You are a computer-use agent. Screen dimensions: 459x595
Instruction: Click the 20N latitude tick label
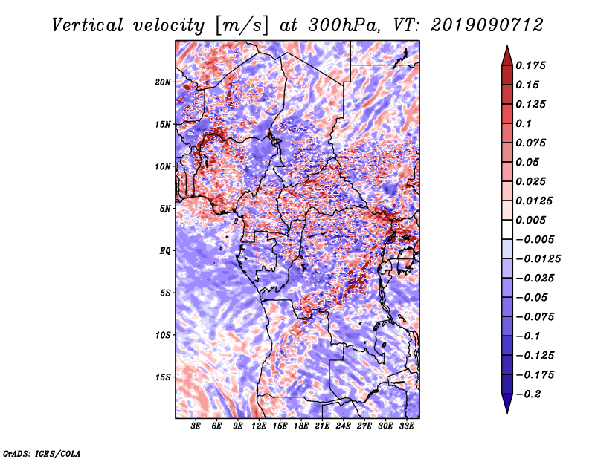(x=163, y=82)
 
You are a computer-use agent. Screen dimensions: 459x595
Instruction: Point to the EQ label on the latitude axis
(x=164, y=250)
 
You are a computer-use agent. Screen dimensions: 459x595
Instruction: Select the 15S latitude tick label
(x=163, y=377)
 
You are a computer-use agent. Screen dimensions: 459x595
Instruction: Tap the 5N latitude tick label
(x=165, y=208)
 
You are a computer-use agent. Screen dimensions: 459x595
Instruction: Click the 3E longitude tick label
(x=196, y=427)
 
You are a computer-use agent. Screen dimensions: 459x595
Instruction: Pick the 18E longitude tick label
(x=300, y=427)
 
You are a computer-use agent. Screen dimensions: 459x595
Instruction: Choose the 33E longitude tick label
(x=406, y=427)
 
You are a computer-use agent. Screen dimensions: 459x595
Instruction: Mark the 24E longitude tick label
(x=343, y=427)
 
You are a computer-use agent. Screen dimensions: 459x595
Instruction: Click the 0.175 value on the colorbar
(x=534, y=65)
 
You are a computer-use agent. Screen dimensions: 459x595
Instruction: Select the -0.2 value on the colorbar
(x=532, y=394)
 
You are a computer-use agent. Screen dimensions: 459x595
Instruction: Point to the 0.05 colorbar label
(x=531, y=162)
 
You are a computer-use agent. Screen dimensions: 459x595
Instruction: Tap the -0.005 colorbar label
(x=537, y=239)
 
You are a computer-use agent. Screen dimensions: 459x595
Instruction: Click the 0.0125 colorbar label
(x=537, y=201)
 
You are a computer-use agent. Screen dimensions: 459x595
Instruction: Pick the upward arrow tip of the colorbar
(x=506, y=49)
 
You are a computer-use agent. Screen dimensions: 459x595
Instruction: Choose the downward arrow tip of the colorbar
(x=506, y=410)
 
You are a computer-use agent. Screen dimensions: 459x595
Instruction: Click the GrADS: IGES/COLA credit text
(x=42, y=452)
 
